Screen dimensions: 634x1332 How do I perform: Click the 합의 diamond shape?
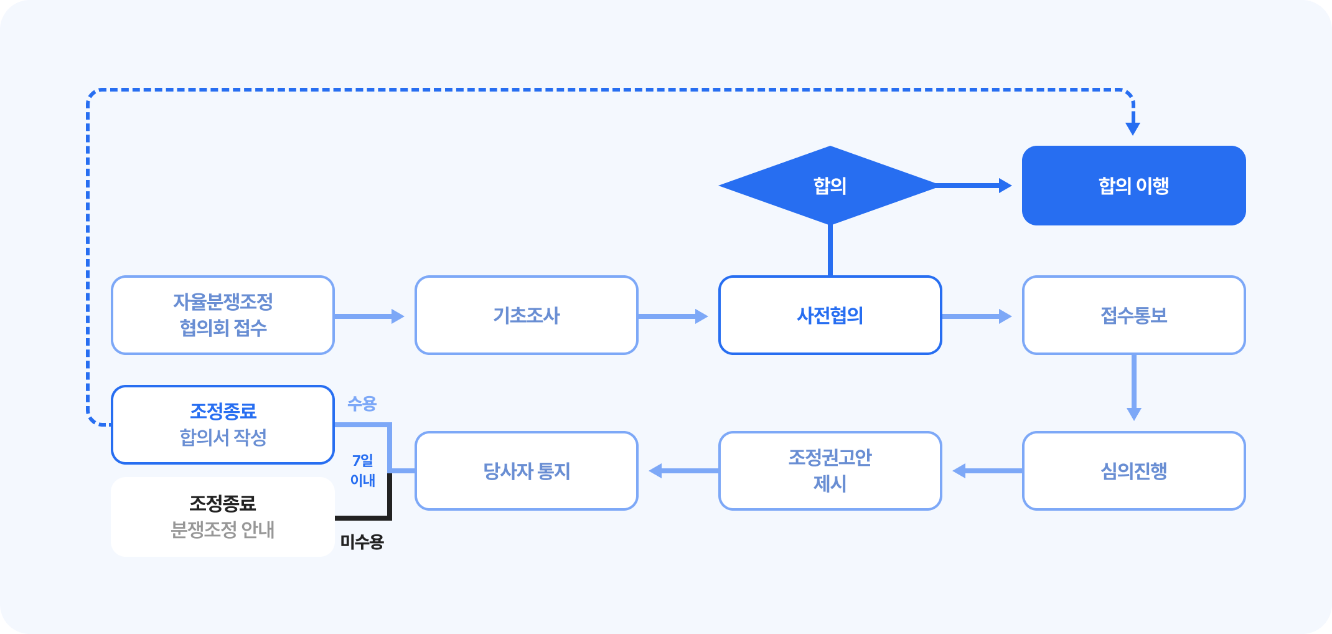[829, 186]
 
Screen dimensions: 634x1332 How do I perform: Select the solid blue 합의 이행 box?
[1133, 186]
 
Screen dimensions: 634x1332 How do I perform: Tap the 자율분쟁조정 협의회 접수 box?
[223, 315]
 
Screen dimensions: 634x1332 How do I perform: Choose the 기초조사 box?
[527, 315]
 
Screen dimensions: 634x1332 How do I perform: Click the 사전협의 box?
[830, 315]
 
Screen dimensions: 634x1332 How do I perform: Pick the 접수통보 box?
[1133, 315]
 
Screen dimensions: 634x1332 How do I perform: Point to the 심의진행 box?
[1133, 471]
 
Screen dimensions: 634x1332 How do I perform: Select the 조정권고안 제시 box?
[830, 471]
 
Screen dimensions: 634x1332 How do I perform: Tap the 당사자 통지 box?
[527, 471]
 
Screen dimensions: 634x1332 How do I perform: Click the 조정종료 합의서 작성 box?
[223, 425]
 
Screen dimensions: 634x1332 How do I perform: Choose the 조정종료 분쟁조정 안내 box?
[223, 517]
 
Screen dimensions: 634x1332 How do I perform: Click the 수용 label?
[362, 404]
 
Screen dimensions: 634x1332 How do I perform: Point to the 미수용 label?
[362, 542]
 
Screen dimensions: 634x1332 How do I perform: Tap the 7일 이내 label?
[363, 470]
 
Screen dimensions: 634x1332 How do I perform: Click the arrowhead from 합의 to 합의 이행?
[1005, 186]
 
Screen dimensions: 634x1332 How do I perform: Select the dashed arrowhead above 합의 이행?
[1133, 128]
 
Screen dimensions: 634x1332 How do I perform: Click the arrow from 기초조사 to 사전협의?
[673, 316]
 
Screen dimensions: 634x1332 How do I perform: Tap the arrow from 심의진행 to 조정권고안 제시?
[987, 471]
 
